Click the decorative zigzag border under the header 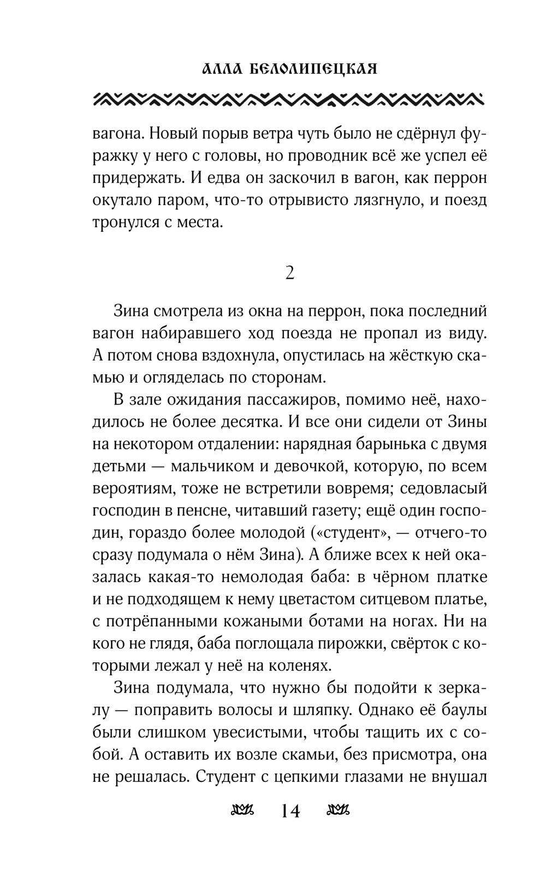[289, 98]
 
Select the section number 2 [289, 272]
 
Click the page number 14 [290, 812]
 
